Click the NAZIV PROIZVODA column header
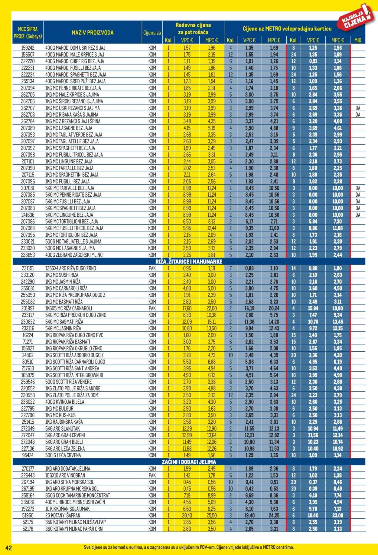click(93, 33)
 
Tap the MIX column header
click(357, 40)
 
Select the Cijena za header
click(152, 33)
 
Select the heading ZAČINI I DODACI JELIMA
click(188, 462)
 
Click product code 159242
click(28, 48)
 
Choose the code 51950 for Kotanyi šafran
click(28, 515)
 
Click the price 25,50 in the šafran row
click(211, 515)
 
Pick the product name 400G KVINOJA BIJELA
click(65, 402)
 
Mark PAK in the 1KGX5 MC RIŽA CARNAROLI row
click(152, 308)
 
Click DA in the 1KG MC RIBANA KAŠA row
click(358, 115)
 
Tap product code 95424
click(28, 455)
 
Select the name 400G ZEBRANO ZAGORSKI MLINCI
click(74, 255)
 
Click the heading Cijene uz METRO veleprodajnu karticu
click(287, 29)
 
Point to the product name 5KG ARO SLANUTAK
click(62, 429)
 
